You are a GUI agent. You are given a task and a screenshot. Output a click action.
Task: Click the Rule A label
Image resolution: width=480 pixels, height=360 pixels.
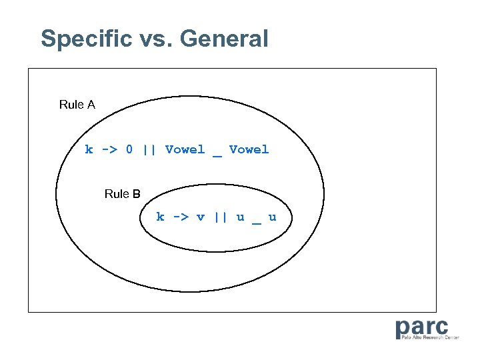(x=77, y=105)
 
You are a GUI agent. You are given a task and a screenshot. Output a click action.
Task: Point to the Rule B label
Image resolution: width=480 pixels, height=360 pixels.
(x=123, y=194)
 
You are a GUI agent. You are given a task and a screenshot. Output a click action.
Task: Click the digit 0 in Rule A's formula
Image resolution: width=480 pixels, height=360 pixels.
(x=129, y=149)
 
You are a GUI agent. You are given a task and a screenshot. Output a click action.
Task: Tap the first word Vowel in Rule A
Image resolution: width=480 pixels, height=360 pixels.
(x=185, y=149)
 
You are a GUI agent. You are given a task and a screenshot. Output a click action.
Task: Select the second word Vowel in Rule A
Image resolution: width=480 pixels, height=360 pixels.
(x=249, y=149)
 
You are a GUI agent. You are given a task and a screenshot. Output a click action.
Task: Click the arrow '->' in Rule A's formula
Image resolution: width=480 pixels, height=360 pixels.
(x=109, y=149)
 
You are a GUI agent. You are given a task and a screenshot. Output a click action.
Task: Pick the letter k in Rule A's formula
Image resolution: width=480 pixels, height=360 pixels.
(x=89, y=149)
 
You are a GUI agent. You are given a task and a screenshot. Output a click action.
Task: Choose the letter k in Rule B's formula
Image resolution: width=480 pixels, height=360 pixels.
(x=160, y=217)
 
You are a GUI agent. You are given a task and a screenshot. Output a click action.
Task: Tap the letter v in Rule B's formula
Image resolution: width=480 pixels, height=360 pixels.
(x=200, y=217)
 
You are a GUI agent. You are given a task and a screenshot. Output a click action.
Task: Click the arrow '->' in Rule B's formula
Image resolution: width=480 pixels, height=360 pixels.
(x=180, y=217)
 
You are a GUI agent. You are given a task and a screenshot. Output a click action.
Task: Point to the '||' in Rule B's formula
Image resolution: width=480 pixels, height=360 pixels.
(x=220, y=217)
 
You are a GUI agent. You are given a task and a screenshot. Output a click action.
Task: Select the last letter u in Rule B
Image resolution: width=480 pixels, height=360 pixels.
(x=272, y=217)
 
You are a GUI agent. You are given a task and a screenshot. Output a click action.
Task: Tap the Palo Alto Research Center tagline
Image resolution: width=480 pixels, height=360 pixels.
(x=430, y=337)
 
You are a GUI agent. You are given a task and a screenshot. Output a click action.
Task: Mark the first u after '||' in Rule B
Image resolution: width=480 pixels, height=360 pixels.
(x=240, y=217)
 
